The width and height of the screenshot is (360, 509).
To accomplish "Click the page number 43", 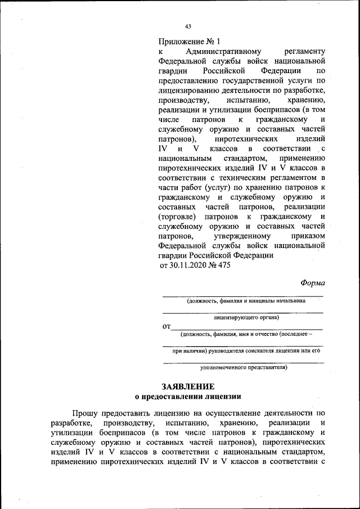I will tap(188, 26).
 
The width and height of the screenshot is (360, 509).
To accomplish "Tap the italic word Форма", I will tap(312, 283).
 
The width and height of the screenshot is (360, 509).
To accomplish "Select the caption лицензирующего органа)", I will tap(243, 317).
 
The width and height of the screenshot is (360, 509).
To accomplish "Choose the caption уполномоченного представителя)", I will tap(244, 368).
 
